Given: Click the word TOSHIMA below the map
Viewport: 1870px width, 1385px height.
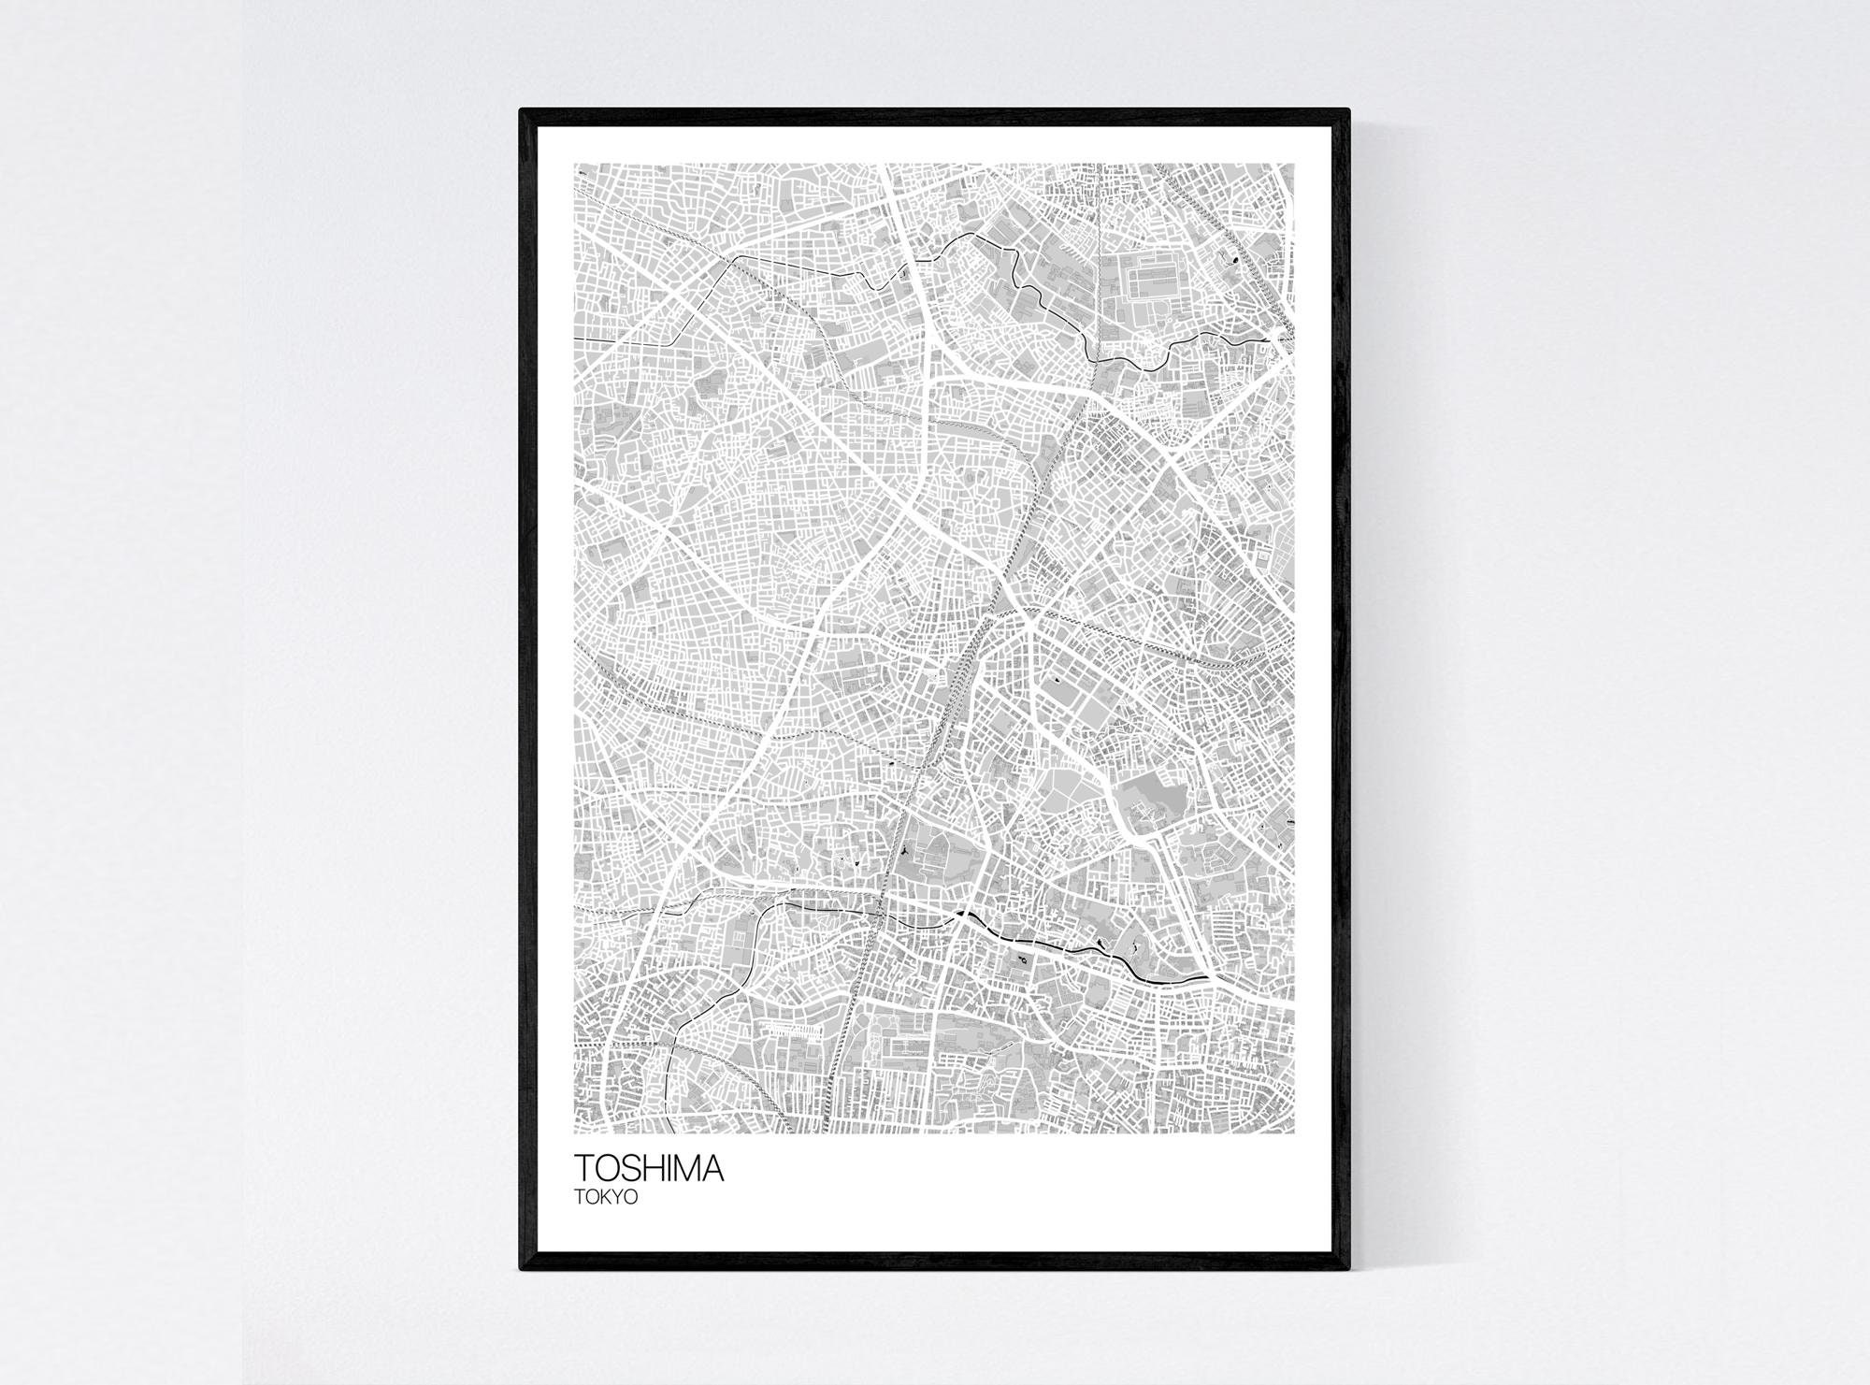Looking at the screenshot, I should pos(648,1170).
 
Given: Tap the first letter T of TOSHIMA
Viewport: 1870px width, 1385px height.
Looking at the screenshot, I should pos(583,1170).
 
